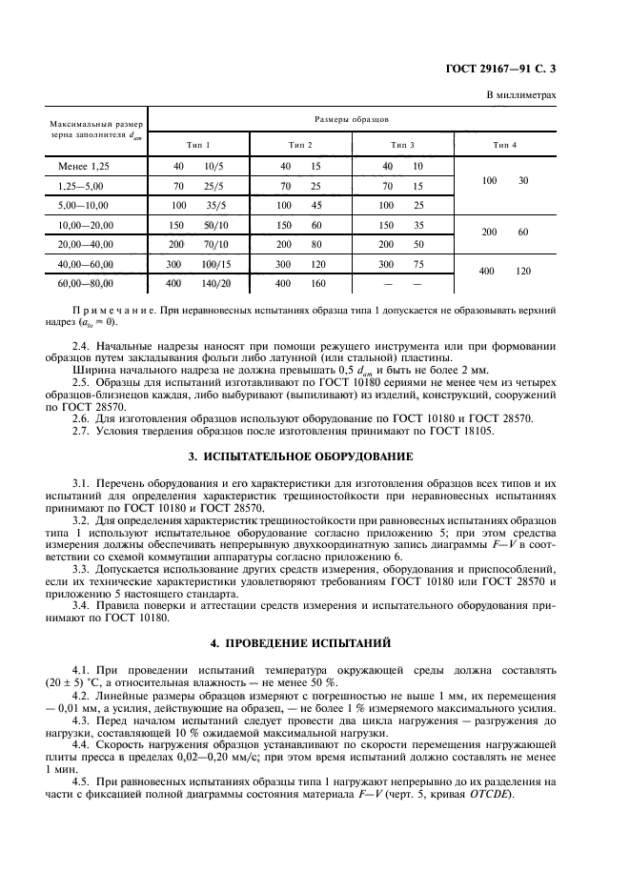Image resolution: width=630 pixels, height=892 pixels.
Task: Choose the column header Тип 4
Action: [505, 144]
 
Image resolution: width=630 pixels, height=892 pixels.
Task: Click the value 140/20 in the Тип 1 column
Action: [220, 284]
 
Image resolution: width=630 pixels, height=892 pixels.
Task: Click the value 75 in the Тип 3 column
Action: [417, 264]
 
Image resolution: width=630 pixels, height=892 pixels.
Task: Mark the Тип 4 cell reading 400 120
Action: [505, 272]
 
